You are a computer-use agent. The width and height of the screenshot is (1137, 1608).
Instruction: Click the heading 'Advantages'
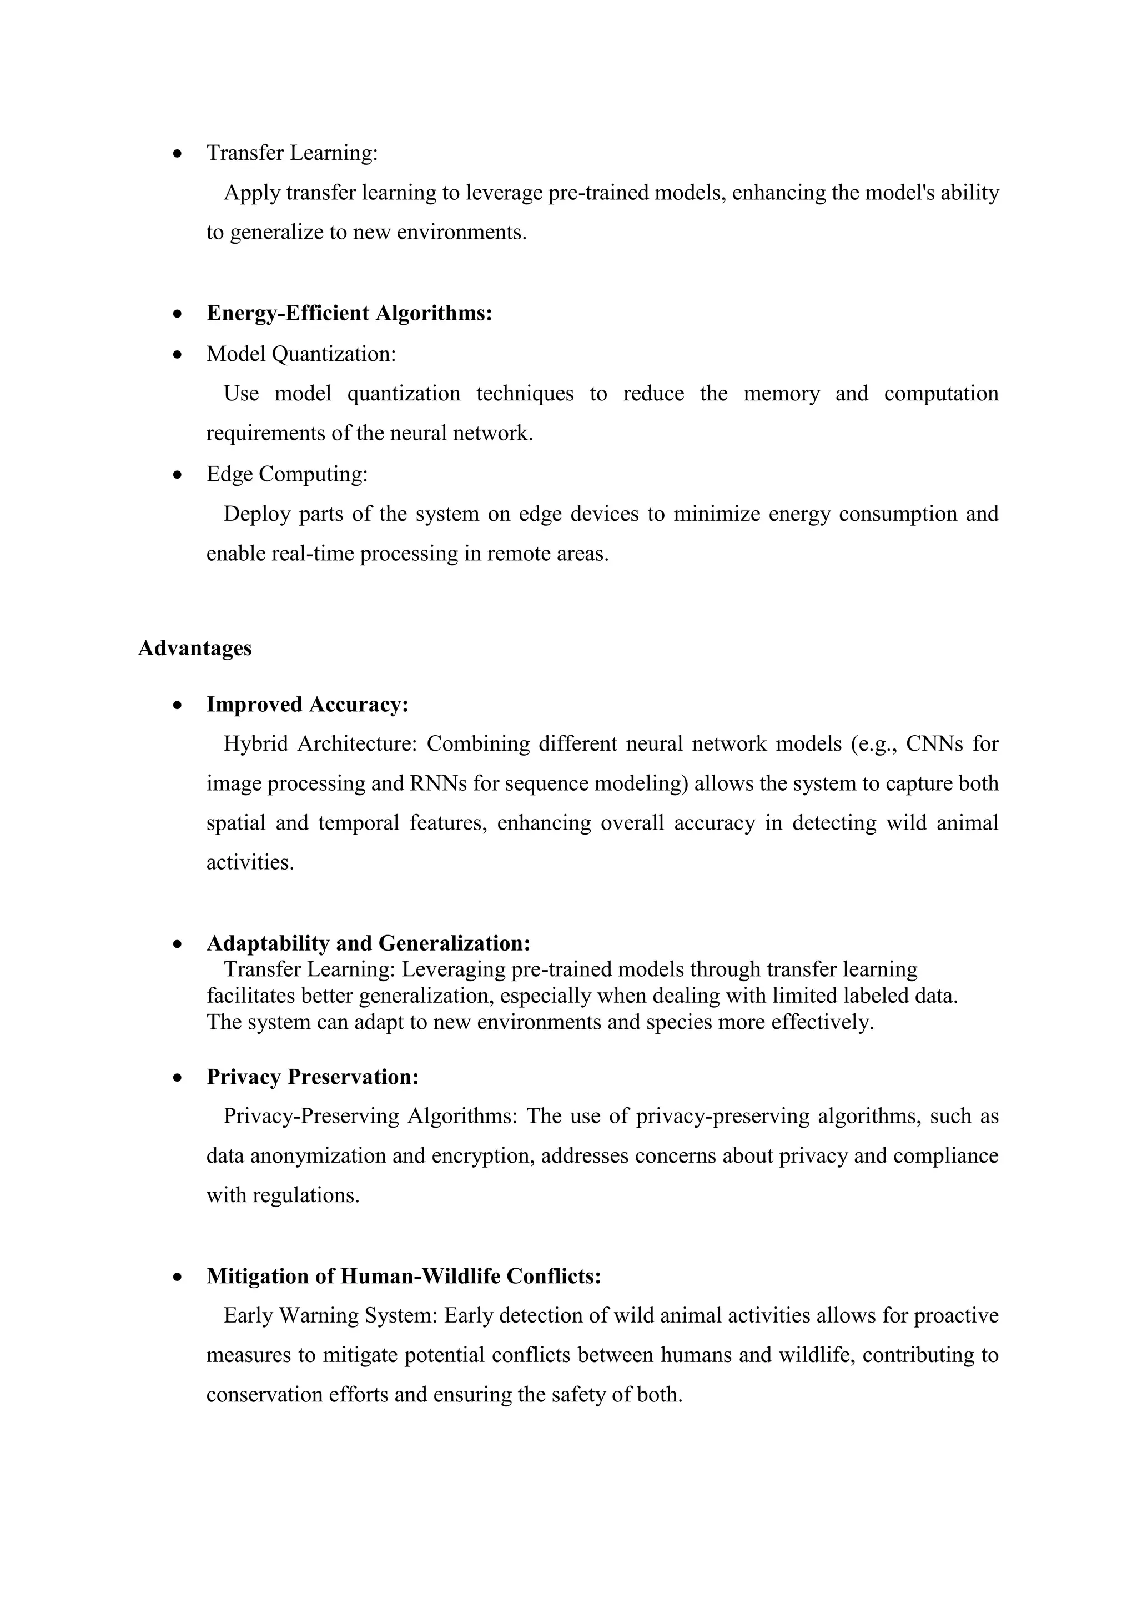tap(195, 648)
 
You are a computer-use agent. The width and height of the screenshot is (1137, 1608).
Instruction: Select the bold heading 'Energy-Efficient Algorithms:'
tap(349, 313)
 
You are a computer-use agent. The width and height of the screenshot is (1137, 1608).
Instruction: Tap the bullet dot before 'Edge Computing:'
tap(179, 475)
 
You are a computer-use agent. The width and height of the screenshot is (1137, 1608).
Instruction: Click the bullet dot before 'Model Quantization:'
tap(179, 355)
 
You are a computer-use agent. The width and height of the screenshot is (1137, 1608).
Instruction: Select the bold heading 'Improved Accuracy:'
tap(308, 704)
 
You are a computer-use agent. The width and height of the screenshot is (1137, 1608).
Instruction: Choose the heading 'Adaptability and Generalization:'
tap(368, 943)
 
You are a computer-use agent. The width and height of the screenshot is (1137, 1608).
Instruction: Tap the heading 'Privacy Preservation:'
tap(312, 1077)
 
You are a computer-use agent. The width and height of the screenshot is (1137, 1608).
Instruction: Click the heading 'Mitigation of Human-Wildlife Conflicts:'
tap(404, 1276)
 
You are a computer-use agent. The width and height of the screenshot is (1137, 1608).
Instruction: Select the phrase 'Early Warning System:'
tap(330, 1315)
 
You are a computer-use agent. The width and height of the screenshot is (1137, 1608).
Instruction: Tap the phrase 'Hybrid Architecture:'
tap(320, 744)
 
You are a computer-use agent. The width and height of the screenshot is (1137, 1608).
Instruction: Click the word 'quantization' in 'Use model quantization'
tap(404, 394)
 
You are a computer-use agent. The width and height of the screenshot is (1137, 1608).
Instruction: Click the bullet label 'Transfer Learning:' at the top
tap(292, 153)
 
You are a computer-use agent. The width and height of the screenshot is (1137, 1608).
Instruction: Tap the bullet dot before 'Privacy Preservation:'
tap(179, 1078)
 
